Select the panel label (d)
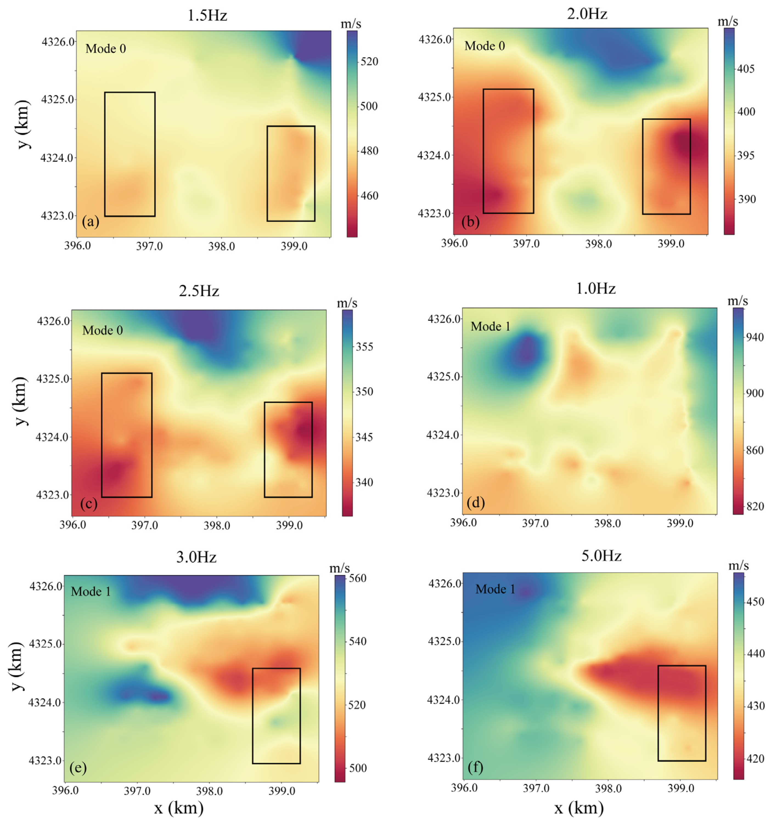(475, 503)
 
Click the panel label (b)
(470, 222)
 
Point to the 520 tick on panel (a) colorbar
(369, 62)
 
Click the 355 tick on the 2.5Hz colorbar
(364, 347)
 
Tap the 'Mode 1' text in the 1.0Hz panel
(490, 327)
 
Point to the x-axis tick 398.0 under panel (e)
(209, 791)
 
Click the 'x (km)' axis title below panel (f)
(579, 808)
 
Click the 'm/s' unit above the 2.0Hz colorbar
(728, 21)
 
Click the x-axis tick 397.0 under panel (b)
(526, 244)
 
